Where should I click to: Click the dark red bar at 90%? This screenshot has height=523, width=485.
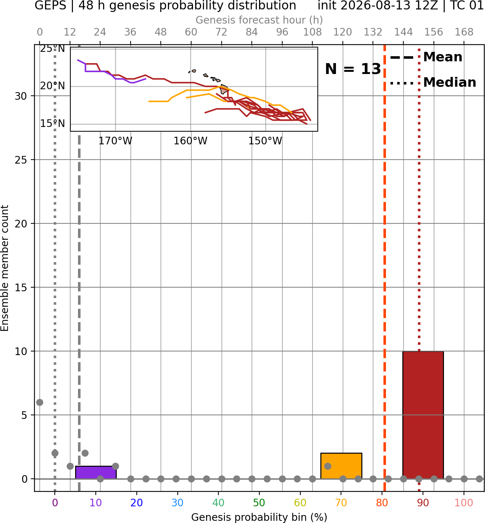point(423,415)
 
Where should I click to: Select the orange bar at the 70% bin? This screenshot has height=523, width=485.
point(341,466)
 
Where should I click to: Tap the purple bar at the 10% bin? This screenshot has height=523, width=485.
point(96,473)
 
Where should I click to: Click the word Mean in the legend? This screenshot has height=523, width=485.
point(443,57)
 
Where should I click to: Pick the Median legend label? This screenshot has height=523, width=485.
point(450,82)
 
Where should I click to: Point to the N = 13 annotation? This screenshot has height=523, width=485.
point(353,69)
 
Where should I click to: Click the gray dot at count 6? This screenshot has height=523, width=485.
point(40,402)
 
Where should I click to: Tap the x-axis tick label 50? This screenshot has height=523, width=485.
point(259,503)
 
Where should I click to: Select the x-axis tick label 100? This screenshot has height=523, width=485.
point(464,503)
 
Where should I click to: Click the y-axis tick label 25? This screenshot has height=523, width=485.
point(21,160)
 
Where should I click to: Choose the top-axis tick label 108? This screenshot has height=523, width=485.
point(312,32)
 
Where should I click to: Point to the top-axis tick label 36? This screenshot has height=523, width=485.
point(130,32)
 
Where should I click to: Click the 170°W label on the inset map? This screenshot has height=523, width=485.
point(115,141)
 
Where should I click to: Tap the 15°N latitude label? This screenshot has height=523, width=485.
point(52,124)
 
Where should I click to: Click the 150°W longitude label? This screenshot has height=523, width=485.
point(265,141)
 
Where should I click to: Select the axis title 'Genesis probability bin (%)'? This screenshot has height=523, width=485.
point(259,517)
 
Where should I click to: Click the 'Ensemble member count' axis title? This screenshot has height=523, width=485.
point(5,268)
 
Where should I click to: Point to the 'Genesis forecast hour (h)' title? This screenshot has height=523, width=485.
point(259,20)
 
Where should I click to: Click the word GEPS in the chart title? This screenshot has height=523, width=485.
point(50,6)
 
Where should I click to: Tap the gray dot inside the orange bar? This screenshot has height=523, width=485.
point(328,466)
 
